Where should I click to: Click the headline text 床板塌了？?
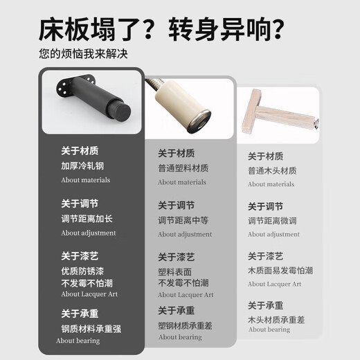(x=96, y=30)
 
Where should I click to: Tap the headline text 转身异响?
(x=226, y=30)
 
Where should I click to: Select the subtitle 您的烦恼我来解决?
(x=83, y=54)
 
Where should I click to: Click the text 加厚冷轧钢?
(x=82, y=165)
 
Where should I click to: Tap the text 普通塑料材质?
(x=183, y=168)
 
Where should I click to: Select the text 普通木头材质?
(x=272, y=171)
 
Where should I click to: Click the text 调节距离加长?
(x=87, y=219)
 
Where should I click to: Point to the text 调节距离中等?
(x=183, y=220)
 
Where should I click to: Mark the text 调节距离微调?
(x=272, y=221)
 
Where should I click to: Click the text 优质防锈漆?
(x=82, y=271)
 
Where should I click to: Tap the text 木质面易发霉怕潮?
(x=280, y=271)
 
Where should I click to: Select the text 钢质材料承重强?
(x=91, y=329)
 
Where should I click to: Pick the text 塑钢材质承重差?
(x=185, y=325)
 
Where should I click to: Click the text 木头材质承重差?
(x=276, y=320)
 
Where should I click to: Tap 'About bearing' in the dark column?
(x=78, y=341)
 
